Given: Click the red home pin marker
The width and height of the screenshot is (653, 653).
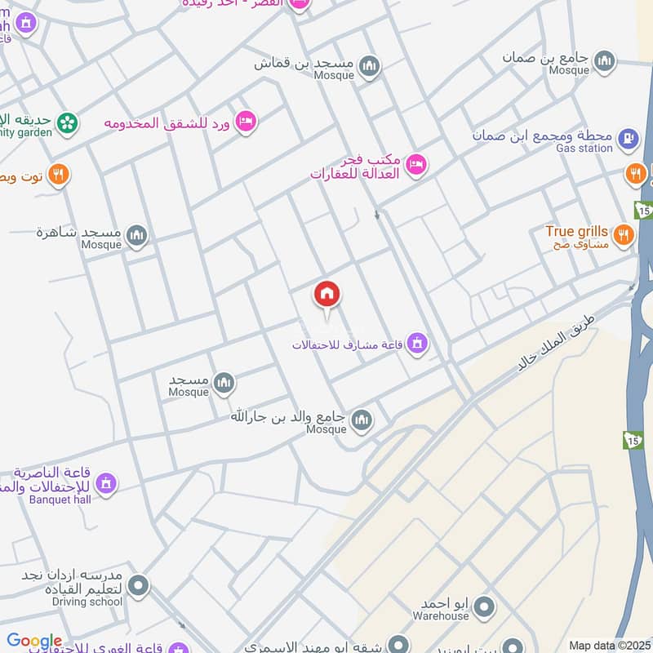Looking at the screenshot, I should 327,295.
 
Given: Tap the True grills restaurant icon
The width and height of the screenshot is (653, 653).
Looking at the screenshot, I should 624,235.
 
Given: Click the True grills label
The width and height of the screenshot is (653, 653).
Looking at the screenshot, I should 577,231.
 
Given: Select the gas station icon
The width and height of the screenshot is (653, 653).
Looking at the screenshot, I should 627,138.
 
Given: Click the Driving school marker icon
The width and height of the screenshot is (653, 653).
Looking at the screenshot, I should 139,585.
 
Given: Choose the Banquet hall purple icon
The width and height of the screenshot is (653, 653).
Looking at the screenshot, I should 105,485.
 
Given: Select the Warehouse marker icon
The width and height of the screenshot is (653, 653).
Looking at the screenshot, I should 485,606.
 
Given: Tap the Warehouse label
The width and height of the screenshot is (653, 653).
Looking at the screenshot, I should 441,616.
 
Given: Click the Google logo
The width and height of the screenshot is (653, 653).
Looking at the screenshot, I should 34,642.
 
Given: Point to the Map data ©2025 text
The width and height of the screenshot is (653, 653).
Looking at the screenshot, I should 609,646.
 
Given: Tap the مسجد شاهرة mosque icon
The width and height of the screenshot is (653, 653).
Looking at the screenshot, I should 137,236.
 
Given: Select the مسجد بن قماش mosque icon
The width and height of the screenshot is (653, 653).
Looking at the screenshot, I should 370,65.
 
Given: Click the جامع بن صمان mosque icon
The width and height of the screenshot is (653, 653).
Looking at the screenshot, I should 604,60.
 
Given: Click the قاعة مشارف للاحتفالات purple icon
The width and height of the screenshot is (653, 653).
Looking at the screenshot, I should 417,344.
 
